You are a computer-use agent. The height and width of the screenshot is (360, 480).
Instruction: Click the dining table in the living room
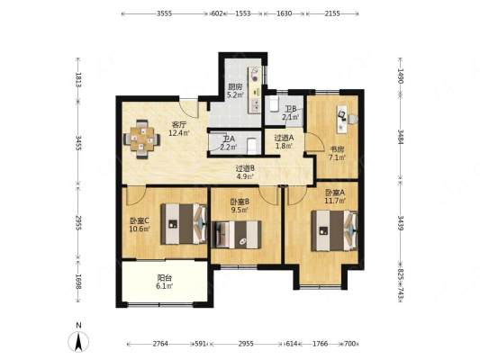(141, 139)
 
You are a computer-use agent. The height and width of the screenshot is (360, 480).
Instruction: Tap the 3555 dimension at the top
(165, 13)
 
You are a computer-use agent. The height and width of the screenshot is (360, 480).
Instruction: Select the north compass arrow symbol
(78, 341)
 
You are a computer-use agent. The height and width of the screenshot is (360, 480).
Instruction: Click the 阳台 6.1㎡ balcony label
(165, 282)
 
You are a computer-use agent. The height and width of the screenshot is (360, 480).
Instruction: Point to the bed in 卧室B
(236, 235)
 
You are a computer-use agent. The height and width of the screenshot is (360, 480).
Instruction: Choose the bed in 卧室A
(335, 231)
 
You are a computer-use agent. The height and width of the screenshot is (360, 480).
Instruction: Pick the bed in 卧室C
(184, 224)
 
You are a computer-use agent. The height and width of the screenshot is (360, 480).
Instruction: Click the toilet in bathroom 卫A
(251, 146)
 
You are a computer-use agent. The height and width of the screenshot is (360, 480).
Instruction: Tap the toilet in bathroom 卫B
(274, 104)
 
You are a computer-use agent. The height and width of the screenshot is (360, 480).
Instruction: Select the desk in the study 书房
(342, 119)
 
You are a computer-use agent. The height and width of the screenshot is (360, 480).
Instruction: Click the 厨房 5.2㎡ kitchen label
(235, 91)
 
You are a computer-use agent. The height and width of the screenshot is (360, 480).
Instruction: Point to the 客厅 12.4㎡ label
(179, 129)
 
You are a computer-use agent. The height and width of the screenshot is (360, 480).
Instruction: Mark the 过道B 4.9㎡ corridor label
(245, 172)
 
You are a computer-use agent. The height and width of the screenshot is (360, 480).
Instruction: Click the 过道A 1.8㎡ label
(284, 142)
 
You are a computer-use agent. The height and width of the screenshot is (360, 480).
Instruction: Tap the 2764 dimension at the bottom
(160, 344)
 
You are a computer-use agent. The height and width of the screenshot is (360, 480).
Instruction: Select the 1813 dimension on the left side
(78, 80)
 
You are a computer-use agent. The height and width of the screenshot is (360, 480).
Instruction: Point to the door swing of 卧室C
(136, 196)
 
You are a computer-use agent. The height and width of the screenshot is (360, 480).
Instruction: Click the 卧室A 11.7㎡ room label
(335, 196)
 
